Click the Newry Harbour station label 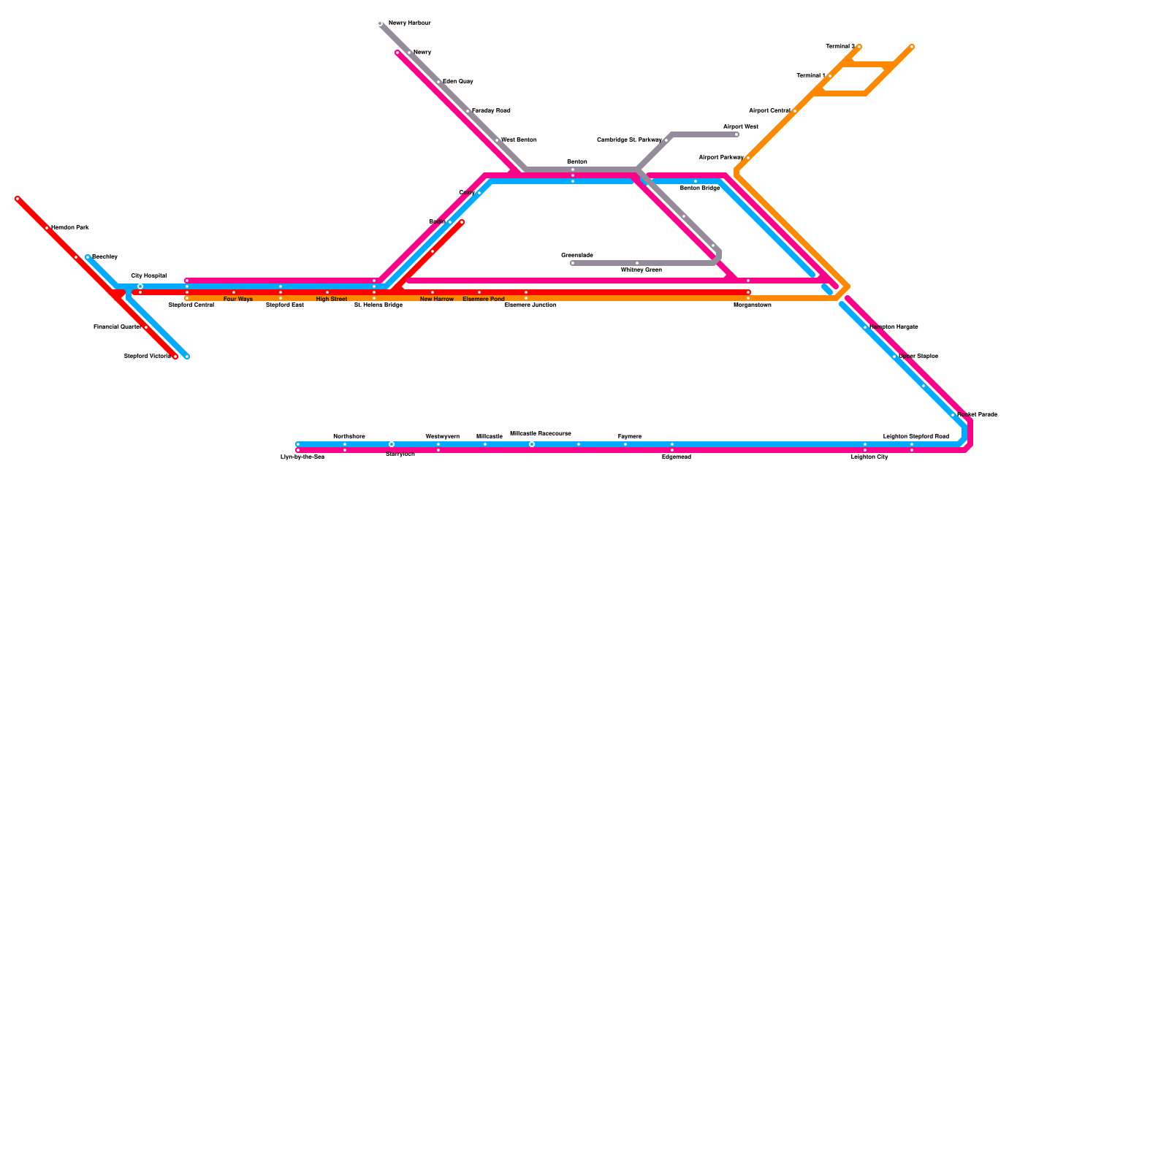(409, 23)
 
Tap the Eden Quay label (457, 82)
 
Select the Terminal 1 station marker (830, 76)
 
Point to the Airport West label (740, 126)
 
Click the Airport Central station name (769, 111)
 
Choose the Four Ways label (238, 299)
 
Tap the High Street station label (332, 299)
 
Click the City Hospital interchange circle (140, 286)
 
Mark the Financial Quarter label (117, 327)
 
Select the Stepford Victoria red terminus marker (175, 357)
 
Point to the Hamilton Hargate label (894, 327)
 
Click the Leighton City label (869, 457)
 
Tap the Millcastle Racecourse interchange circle (532, 444)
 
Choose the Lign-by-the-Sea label (302, 457)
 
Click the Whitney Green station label (641, 270)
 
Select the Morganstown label (752, 305)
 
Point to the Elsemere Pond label (484, 299)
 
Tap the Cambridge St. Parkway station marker (666, 140)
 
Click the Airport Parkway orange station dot (748, 158)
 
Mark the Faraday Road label (491, 111)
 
